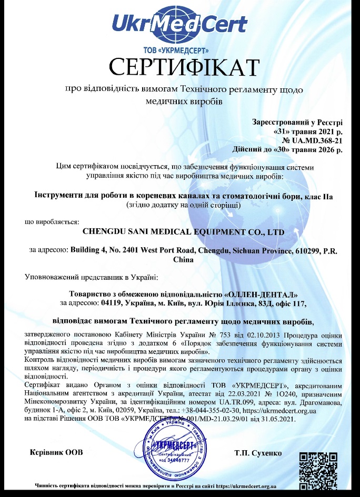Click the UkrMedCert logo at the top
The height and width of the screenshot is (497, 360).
(179, 24)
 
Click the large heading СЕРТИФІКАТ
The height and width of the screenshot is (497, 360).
(184, 67)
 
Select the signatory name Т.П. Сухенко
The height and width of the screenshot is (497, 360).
(258, 453)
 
